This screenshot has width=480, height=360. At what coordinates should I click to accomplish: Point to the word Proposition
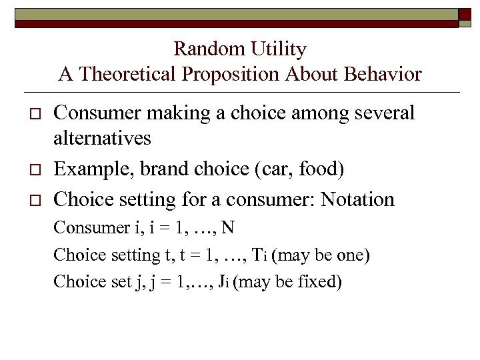(232, 74)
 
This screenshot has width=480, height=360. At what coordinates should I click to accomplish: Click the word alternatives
(102, 139)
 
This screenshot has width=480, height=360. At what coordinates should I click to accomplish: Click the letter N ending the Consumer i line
(228, 227)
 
